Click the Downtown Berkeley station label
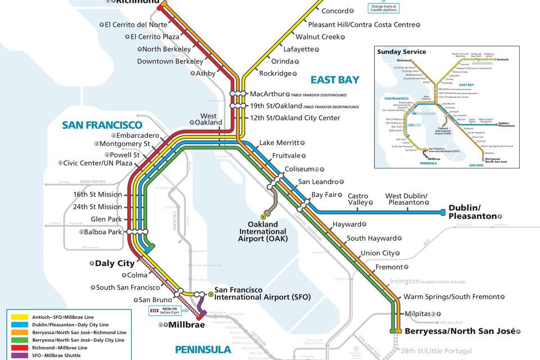[170, 61]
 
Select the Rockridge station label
[275, 73]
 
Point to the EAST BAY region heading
[335, 80]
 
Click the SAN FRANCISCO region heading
[102, 125]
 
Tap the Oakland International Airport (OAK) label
[263, 231]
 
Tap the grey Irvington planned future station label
[404, 281]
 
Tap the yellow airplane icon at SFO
[211, 293]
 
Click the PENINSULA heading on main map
[202, 349]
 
